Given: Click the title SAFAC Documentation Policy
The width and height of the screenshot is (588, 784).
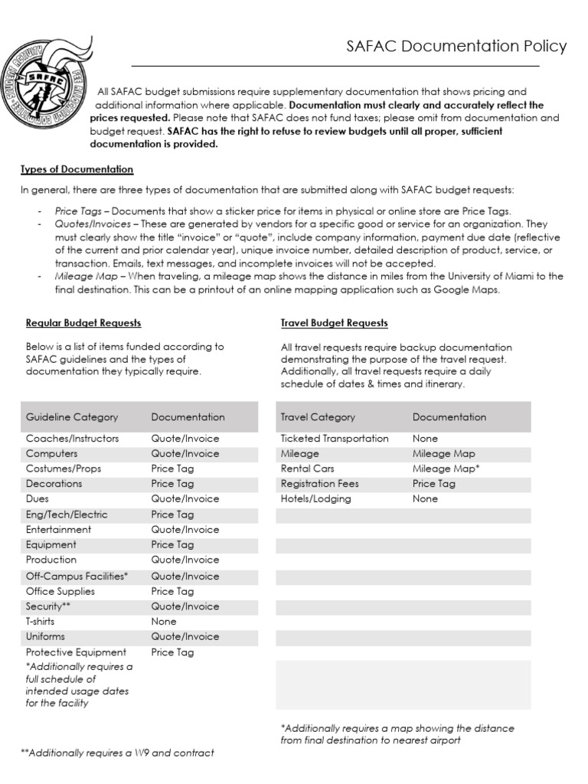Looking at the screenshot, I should [x=456, y=47].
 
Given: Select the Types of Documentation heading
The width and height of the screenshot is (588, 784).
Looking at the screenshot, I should [x=77, y=169].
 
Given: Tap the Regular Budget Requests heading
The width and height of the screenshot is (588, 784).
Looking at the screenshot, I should [x=83, y=323].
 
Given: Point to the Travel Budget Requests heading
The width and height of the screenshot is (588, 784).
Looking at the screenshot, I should [x=334, y=323].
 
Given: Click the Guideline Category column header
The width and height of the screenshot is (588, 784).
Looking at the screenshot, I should [x=72, y=417].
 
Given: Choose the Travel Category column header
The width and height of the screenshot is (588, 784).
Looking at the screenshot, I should [x=318, y=417].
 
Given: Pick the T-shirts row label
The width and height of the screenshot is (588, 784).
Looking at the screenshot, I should [x=46, y=622].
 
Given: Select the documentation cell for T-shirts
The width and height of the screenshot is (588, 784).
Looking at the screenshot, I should [x=164, y=622].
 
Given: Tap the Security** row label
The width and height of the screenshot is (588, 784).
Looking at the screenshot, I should [x=50, y=606].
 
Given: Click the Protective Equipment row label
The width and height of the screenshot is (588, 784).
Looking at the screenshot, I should [x=76, y=652].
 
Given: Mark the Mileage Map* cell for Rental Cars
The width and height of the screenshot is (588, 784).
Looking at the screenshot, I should [x=446, y=469].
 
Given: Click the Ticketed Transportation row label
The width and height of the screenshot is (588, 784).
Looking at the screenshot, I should [x=335, y=439].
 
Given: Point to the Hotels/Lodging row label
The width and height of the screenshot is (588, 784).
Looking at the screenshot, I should [x=316, y=498].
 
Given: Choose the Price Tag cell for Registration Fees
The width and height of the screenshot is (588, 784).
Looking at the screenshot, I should [x=434, y=484].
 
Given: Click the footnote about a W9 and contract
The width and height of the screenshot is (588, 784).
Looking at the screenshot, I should [x=118, y=753].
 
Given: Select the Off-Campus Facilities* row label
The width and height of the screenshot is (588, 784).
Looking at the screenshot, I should [x=77, y=576].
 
